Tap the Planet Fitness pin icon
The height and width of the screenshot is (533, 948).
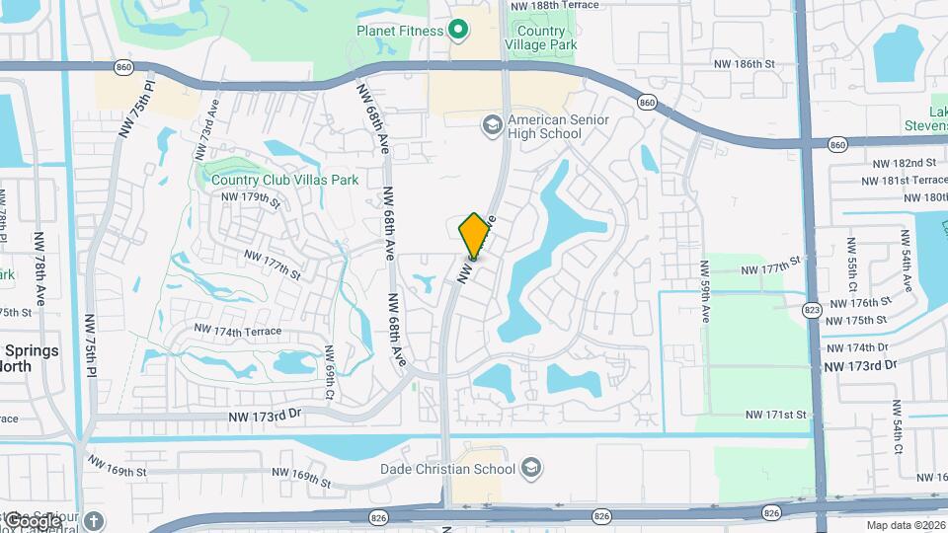point(458,30)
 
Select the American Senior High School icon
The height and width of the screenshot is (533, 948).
point(491,125)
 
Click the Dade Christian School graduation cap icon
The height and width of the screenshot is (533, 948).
point(531,467)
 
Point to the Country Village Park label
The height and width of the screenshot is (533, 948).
point(540,38)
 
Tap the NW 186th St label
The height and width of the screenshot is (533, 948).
point(747,64)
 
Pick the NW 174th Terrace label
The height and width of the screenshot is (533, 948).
point(238,331)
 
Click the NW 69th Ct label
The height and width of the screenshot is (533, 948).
point(330,366)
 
